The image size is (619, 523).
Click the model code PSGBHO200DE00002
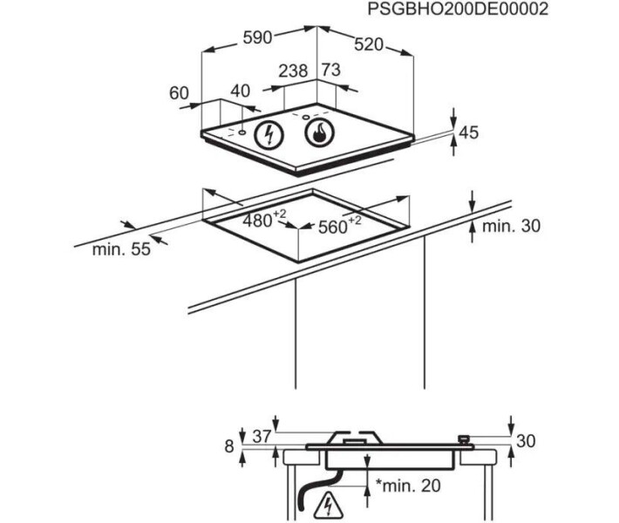tap(458, 9)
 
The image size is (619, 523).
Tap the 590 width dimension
tap(257, 37)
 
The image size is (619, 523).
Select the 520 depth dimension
tap(369, 44)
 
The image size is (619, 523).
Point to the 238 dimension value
tap(293, 71)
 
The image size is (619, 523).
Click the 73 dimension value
tap(330, 70)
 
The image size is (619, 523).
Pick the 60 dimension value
tap(179, 93)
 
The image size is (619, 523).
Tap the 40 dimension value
tap(241, 92)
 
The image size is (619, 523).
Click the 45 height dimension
tap(469, 132)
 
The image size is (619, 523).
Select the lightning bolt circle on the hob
tap(269, 134)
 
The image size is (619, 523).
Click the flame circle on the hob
tap(319, 132)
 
